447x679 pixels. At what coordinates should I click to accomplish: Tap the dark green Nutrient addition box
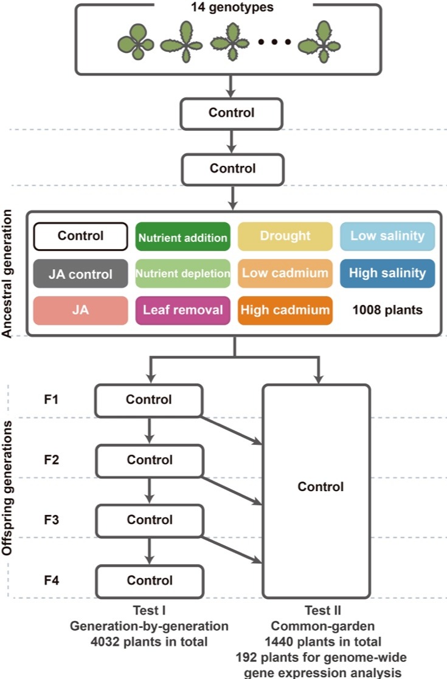tap(182, 238)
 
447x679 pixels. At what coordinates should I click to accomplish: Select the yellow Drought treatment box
tap(285, 236)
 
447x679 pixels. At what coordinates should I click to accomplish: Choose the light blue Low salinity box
tap(387, 236)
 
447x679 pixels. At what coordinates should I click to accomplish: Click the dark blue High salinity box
tap(387, 273)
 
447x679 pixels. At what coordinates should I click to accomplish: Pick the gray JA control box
tap(81, 274)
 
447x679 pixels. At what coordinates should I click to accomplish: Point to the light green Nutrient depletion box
tap(182, 274)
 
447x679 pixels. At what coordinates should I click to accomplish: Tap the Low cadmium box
tap(285, 273)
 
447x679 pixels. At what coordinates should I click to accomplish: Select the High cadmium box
tap(285, 310)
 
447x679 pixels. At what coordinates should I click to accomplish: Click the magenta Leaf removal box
tap(182, 310)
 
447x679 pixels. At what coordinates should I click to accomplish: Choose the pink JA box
tap(81, 310)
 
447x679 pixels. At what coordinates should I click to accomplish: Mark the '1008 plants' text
tap(387, 310)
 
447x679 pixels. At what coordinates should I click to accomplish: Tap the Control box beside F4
tap(150, 581)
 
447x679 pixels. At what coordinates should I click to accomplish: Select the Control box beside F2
tap(150, 460)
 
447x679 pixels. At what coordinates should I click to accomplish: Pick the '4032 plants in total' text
tap(150, 641)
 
